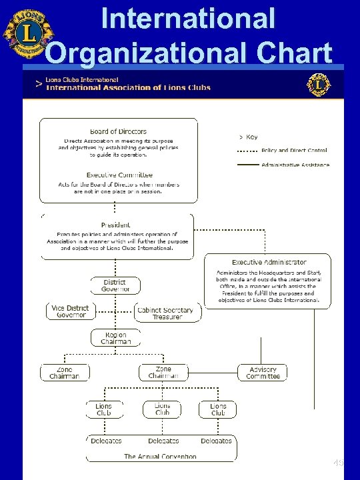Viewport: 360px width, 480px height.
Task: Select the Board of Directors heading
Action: click(x=118, y=131)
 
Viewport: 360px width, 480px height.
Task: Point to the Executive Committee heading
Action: click(x=118, y=175)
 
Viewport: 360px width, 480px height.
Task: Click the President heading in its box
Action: click(x=117, y=225)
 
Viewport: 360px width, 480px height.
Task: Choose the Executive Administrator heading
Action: click(x=269, y=263)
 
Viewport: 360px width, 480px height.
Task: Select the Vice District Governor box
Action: click(x=71, y=311)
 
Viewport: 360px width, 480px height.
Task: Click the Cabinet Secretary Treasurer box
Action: click(x=164, y=313)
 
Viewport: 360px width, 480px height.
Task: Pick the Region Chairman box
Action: click(x=117, y=338)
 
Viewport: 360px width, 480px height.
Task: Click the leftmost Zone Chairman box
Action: click(x=64, y=373)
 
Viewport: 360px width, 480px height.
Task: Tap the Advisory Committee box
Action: click(x=262, y=373)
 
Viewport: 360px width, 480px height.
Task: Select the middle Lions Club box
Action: click(x=162, y=409)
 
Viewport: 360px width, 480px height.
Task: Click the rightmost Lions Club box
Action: click(x=218, y=409)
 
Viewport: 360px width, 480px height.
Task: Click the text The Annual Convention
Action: click(x=160, y=457)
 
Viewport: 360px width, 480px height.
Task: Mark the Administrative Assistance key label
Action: click(x=295, y=165)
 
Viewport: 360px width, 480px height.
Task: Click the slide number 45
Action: click(x=338, y=462)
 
